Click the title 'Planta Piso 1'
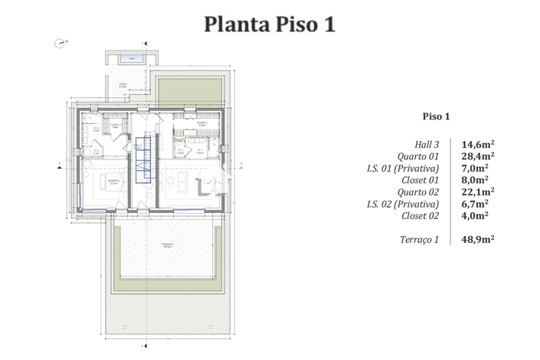[x=270, y=24]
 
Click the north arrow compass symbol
[x=59, y=44]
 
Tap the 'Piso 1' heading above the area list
[x=437, y=116]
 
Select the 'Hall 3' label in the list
[x=426, y=143]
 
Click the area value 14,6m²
[x=477, y=143]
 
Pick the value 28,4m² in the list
[x=477, y=155]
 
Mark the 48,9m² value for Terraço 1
[x=477, y=240]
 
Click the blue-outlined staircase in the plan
[x=142, y=159]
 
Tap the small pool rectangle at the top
[x=133, y=58]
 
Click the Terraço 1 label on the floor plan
[x=167, y=246]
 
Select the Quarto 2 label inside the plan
[x=114, y=183]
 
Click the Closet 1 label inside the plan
[x=201, y=123]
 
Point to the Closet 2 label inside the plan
[x=115, y=124]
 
